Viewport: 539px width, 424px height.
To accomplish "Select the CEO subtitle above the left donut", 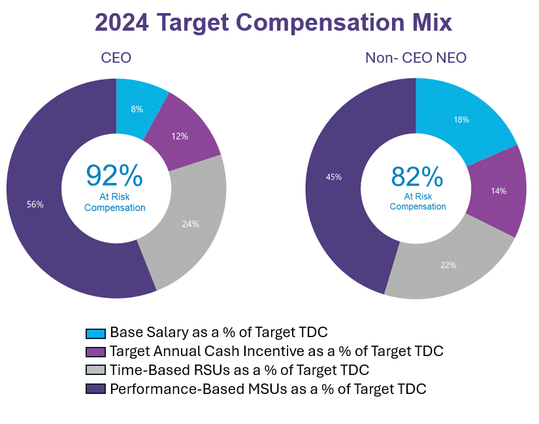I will [x=116, y=58].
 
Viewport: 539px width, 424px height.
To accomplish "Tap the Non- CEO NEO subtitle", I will [x=416, y=58].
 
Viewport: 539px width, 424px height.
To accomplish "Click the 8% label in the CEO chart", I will [x=137, y=109].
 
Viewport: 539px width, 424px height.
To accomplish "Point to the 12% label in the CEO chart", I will [x=180, y=136].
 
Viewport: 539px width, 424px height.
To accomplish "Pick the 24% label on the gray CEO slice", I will [x=191, y=223].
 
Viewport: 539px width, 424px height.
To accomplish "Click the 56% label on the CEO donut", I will [x=35, y=204].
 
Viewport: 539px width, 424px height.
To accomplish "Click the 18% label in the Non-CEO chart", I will [x=462, y=120].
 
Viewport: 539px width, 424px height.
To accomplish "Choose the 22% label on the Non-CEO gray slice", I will [x=448, y=265].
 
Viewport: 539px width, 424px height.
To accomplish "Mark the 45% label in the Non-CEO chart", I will [x=333, y=176].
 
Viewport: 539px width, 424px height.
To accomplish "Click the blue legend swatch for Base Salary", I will [x=96, y=333].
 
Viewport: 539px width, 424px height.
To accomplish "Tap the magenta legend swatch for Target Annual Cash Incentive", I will [x=96, y=351].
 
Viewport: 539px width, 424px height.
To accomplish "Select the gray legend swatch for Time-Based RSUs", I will [x=96, y=370].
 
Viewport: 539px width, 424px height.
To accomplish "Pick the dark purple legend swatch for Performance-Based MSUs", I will [x=96, y=389].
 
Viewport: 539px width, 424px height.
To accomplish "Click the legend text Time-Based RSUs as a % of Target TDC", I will [x=240, y=370].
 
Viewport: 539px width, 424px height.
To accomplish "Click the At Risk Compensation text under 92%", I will [x=114, y=203].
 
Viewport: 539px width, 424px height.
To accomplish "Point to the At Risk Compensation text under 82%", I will [x=417, y=201].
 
